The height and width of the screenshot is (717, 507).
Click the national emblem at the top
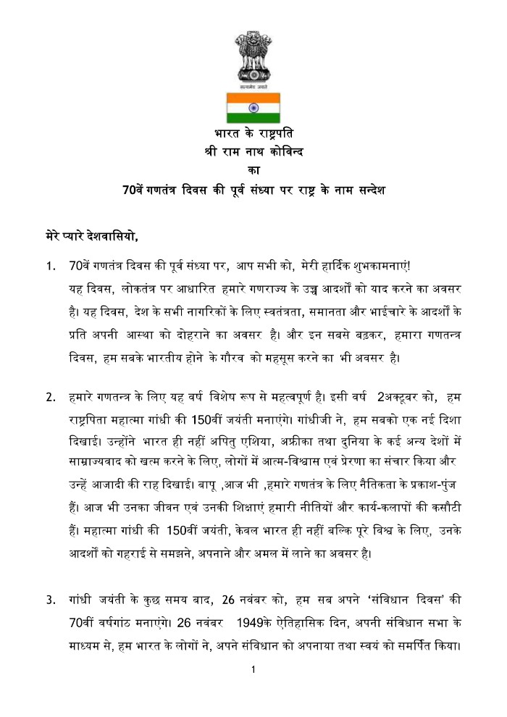pos(253,58)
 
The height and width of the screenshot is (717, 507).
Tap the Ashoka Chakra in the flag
pos(253,108)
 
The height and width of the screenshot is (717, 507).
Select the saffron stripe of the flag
pos(253,98)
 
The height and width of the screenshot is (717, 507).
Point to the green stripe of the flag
pos(253,118)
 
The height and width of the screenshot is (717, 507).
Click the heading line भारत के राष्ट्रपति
pos(253,135)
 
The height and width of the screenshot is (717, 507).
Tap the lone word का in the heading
pos(253,172)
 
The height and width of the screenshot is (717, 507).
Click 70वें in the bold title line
pos(135,191)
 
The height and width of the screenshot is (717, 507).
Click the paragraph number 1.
pos(50,267)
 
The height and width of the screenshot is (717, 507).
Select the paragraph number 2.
pos(50,398)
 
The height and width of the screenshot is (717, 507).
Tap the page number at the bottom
pos(253,671)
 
